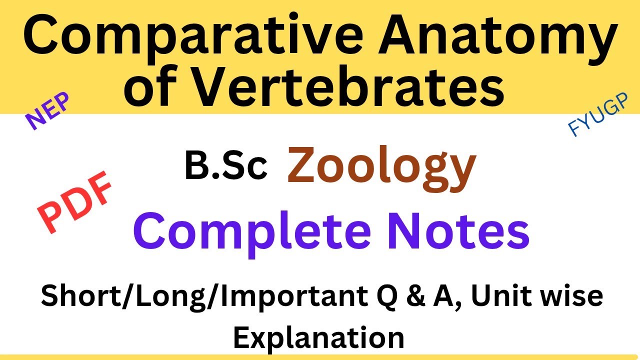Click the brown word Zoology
pos(381,167)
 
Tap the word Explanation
pos(319,337)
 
